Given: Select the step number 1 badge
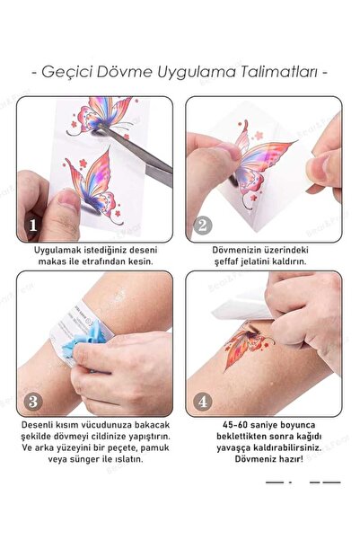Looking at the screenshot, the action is coord(33,226).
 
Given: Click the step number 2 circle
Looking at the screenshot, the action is coord(203,226).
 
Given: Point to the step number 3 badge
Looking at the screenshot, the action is coord(33,402).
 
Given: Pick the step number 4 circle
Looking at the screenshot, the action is coord(203,402).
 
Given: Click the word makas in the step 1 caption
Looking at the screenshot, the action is coord(51,261).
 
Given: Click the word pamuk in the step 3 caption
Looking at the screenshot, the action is coord(156,447).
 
